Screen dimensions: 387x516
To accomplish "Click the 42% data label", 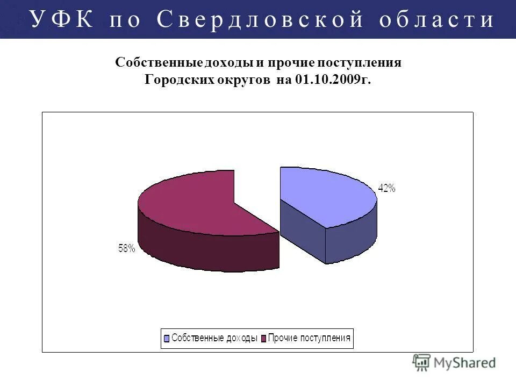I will (x=387, y=188).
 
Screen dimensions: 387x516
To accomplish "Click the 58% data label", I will (x=127, y=248).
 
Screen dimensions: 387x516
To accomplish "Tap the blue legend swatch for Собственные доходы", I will (x=167, y=339).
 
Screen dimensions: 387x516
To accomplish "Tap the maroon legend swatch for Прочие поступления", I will (x=263, y=339).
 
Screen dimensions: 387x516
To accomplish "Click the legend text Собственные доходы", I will (x=214, y=339).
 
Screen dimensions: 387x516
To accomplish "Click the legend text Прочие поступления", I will (x=309, y=339).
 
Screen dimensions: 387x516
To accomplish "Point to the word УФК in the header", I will (x=62, y=19).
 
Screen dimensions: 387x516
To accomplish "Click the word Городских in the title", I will (x=176, y=81).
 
